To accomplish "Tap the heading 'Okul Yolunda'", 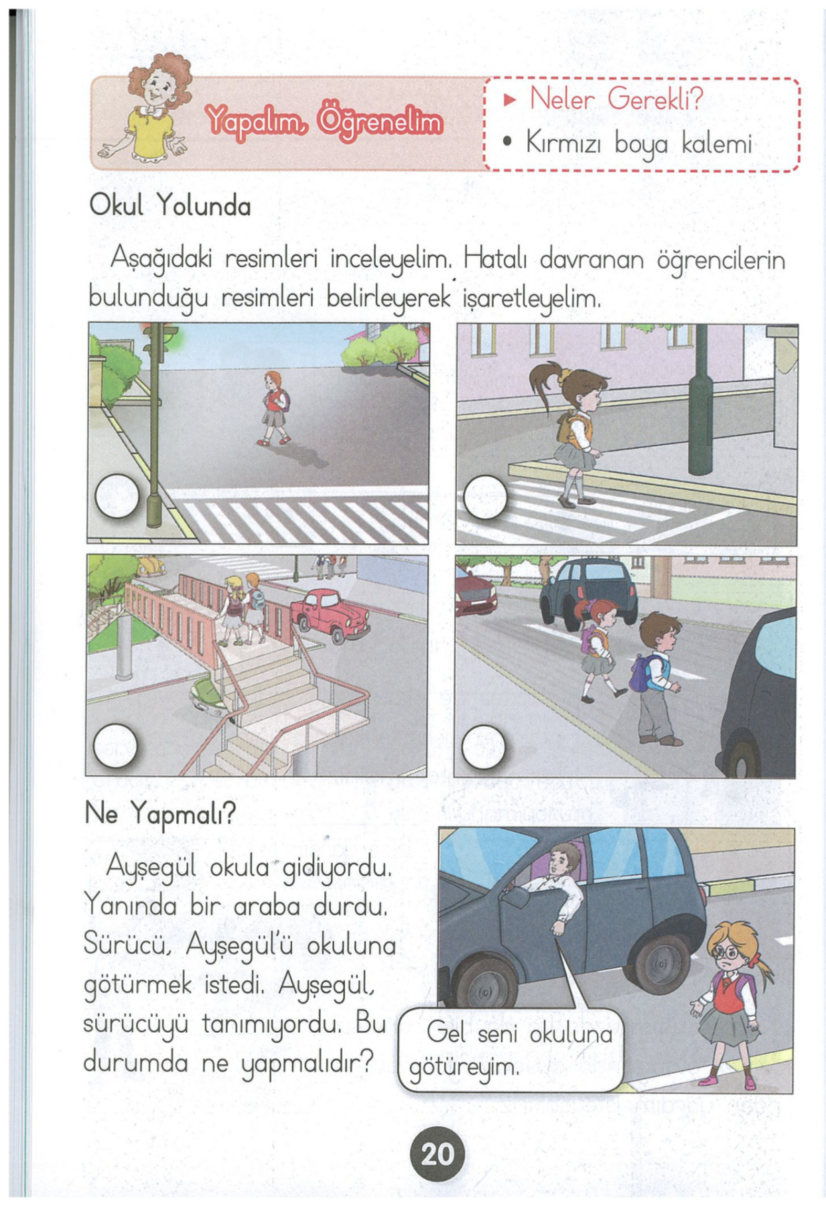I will click(x=170, y=207).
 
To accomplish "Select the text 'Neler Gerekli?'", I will click(x=615, y=98).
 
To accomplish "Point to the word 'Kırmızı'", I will click(x=566, y=143).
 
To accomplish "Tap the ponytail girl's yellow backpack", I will click(x=569, y=428).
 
